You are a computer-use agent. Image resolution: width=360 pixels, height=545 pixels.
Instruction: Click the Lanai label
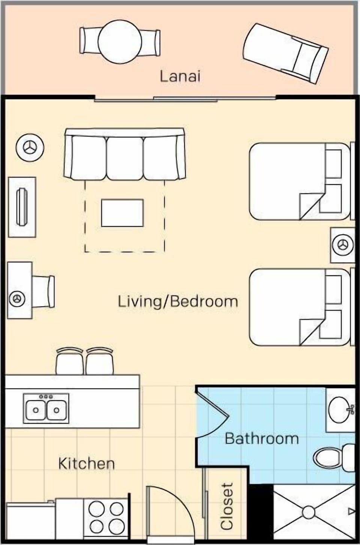click(x=180, y=76)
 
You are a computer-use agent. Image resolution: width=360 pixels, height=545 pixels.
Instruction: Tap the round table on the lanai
click(x=120, y=41)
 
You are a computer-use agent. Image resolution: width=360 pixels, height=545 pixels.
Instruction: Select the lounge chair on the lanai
click(x=286, y=53)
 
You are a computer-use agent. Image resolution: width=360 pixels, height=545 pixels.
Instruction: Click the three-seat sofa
click(x=124, y=154)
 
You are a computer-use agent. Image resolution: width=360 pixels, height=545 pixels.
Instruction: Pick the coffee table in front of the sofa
click(x=122, y=213)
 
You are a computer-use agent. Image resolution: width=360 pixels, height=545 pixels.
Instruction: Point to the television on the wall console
click(x=22, y=207)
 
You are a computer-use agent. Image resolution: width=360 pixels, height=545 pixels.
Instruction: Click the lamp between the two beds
click(x=342, y=245)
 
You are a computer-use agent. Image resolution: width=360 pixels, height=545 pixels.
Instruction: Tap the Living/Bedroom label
click(x=178, y=302)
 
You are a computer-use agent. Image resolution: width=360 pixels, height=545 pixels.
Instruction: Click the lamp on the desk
click(x=17, y=299)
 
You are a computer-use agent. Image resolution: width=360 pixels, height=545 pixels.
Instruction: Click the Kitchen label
click(x=86, y=464)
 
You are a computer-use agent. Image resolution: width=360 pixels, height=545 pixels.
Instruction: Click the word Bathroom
click(x=261, y=438)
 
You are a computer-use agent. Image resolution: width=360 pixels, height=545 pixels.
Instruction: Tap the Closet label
click(x=227, y=506)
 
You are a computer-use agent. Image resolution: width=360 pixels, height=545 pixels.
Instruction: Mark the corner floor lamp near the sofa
click(x=30, y=147)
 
